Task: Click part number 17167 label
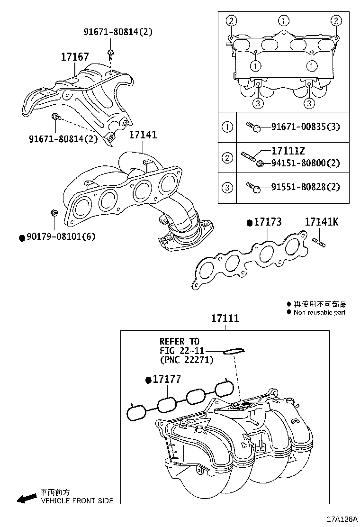[x=74, y=57]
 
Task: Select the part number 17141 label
[x=143, y=135]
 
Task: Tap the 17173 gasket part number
[x=268, y=222]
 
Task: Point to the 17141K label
[x=321, y=221]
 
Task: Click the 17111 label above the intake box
[x=225, y=318]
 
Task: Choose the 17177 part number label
[x=166, y=379]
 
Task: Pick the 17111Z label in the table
[x=288, y=151]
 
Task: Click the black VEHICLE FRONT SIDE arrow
[x=27, y=498]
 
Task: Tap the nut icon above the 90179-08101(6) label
[x=54, y=214]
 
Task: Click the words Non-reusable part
[x=319, y=312]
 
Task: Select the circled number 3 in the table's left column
[x=227, y=187]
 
